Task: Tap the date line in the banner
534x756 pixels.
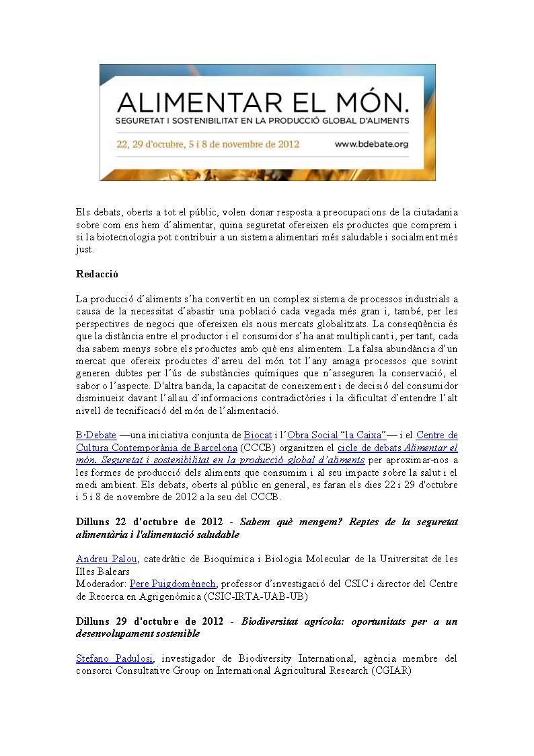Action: click(x=208, y=143)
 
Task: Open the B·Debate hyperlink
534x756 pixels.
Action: click(x=96, y=435)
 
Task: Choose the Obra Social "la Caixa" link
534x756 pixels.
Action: click(x=336, y=435)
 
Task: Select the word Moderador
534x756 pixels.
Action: click(x=101, y=583)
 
